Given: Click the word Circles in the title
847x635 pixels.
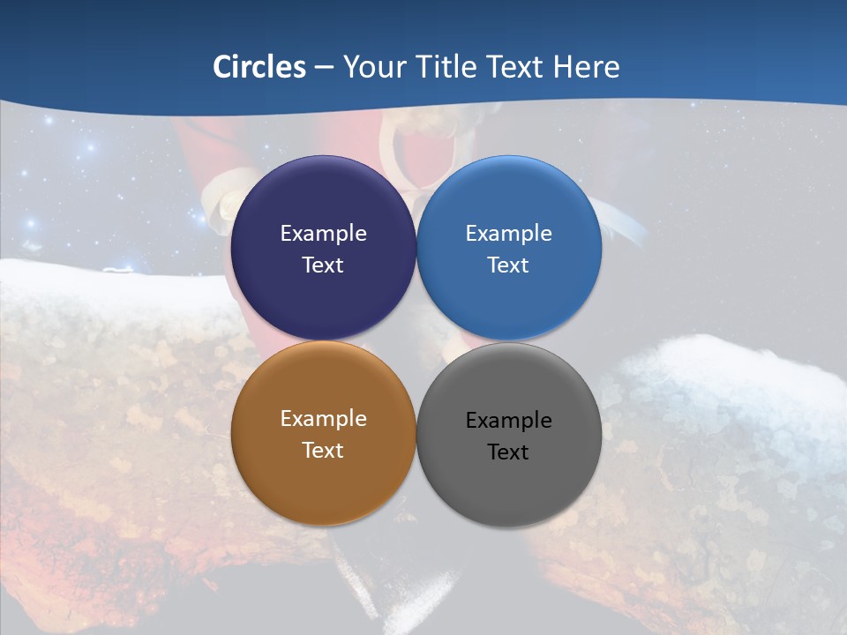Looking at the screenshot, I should pyautogui.click(x=259, y=67).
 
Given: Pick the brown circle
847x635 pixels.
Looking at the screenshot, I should pyautogui.click(x=323, y=476).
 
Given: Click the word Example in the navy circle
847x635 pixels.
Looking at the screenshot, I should pyautogui.click(x=323, y=234).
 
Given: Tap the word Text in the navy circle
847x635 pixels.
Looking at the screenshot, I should pyautogui.click(x=323, y=265).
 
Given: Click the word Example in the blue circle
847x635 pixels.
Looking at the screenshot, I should pyautogui.click(x=509, y=234).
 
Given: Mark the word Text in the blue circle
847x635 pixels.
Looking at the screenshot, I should pyautogui.click(x=509, y=265).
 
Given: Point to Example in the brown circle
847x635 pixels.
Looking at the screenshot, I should pyautogui.click(x=323, y=419).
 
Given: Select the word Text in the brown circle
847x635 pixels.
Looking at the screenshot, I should pyautogui.click(x=323, y=451).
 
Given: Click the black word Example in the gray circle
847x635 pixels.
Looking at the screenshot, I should pyautogui.click(x=509, y=421).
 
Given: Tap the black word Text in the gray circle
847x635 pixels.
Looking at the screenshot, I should pyautogui.click(x=509, y=452).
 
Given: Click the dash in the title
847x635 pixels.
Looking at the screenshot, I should pyautogui.click(x=324, y=68).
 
